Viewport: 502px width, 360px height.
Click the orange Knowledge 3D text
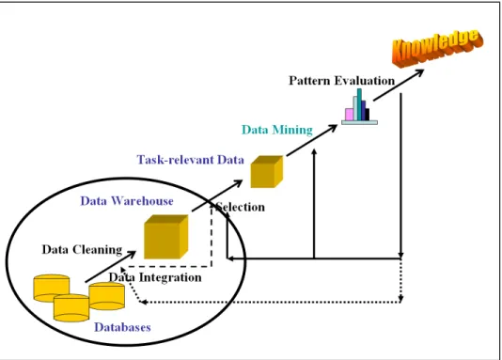coord(438,49)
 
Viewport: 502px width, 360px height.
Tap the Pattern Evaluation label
coord(341,81)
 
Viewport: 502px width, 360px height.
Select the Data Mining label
coord(277,130)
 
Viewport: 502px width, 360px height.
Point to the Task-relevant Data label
coord(191,160)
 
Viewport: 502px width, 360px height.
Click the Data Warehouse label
coord(127,201)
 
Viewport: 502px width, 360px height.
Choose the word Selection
coord(241,207)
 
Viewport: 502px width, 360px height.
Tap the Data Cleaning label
coord(82,250)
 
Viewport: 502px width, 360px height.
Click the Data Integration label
coord(155,277)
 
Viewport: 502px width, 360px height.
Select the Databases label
coord(122,327)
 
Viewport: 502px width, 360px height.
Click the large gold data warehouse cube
coord(165,237)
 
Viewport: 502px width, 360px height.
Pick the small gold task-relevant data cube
coord(267,171)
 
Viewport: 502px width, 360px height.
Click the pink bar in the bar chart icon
coord(350,115)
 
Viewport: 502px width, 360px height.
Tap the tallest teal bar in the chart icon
coord(359,104)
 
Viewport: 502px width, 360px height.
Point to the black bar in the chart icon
coord(368,115)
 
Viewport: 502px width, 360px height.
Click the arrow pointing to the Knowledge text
coord(399,86)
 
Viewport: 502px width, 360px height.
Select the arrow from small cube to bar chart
coord(312,140)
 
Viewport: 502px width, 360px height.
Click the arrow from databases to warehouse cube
coord(110,267)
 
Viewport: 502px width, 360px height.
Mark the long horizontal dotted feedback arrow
coord(271,302)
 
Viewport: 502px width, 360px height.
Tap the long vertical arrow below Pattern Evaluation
coord(400,176)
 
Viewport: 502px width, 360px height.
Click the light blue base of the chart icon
coord(359,122)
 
